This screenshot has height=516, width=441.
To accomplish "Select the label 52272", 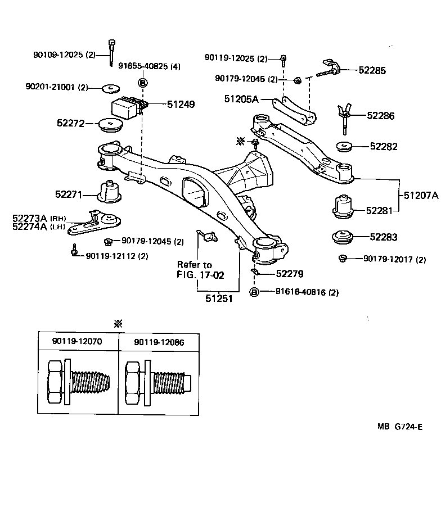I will pyautogui.click(x=70, y=123).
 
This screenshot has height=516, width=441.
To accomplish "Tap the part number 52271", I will pyautogui.click(x=69, y=195).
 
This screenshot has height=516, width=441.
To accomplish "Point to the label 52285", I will pyautogui.click(x=372, y=71).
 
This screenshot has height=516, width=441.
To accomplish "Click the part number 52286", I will pyautogui.click(x=381, y=116).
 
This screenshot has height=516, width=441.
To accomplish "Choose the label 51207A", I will pyautogui.click(x=420, y=196).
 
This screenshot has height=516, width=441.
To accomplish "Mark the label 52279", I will pyautogui.click(x=290, y=274).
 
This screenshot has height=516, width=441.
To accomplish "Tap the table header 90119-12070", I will pyautogui.click(x=78, y=342).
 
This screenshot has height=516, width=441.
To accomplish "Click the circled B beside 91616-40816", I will pyautogui.click(x=254, y=292).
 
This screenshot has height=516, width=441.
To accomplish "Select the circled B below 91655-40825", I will pyautogui.click(x=142, y=83).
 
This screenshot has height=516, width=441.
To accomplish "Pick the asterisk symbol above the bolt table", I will pyautogui.click(x=118, y=324).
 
